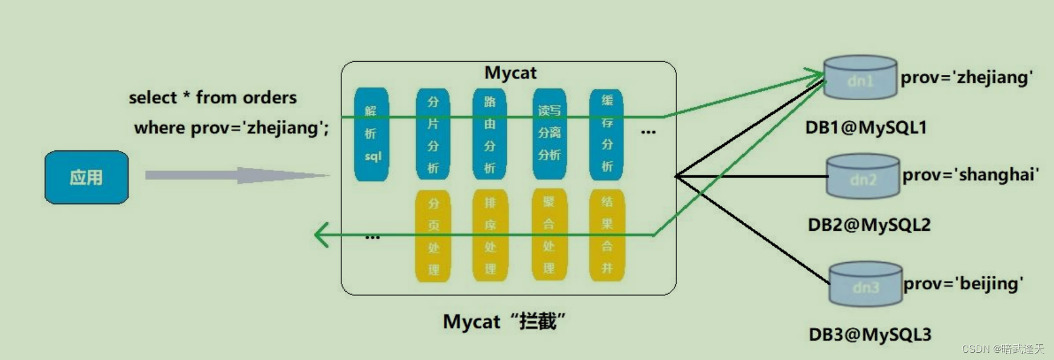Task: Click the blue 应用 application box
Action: coord(86,177)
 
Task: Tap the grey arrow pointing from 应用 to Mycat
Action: coord(236,175)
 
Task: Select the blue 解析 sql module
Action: coord(371,134)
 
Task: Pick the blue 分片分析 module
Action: coord(432,134)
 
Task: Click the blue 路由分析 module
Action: coord(489,134)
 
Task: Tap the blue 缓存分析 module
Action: coord(606,134)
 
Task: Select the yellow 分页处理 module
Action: coord(433,236)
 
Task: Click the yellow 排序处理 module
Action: coord(490,236)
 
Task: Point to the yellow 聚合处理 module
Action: coord(548,235)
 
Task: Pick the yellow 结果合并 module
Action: coord(606,235)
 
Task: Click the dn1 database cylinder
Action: coord(860,78)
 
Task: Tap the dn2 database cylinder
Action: coord(863,177)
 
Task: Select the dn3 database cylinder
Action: coord(865,284)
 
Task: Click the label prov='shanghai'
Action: coord(970,175)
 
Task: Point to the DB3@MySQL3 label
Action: coord(870,335)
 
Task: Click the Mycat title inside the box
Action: coord(510,73)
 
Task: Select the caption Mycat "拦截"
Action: coord(504,321)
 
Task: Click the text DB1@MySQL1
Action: coord(866,127)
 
